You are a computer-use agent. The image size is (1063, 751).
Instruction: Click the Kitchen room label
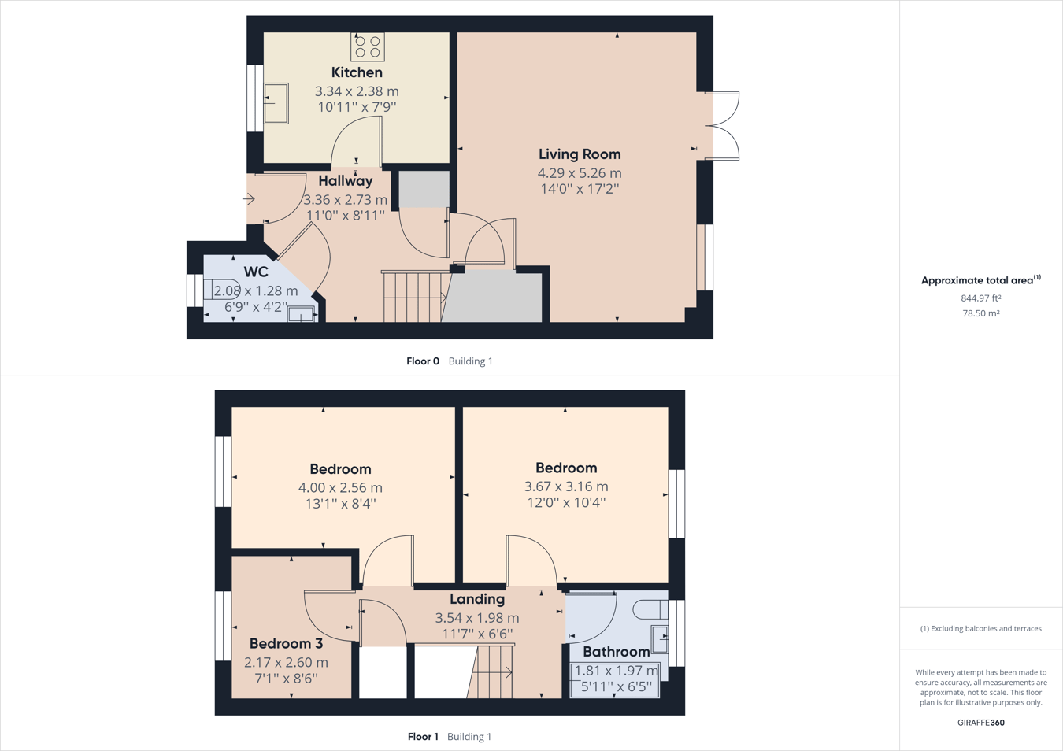pyautogui.click(x=357, y=72)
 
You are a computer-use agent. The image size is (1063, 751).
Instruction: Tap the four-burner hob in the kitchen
pyautogui.click(x=368, y=46)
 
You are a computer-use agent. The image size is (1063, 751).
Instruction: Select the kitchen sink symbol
pyautogui.click(x=276, y=103)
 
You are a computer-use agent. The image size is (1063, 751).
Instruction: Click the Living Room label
pyautogui.click(x=580, y=154)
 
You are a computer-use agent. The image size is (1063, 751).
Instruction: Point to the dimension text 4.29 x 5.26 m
pyautogui.click(x=580, y=173)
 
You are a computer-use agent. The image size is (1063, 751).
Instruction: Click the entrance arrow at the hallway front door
pyautogui.click(x=249, y=199)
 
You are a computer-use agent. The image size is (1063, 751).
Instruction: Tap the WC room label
pyautogui.click(x=256, y=272)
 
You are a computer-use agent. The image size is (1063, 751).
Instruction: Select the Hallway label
pyautogui.click(x=345, y=181)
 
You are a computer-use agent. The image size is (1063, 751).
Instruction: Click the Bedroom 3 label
pyautogui.click(x=286, y=643)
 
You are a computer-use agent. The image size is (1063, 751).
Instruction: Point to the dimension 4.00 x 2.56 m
pyautogui.click(x=340, y=488)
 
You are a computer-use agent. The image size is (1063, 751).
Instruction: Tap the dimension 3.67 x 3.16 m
pyautogui.click(x=566, y=486)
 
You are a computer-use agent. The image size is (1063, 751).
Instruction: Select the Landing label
pyautogui.click(x=477, y=599)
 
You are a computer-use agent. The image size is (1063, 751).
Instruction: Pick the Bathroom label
pyautogui.click(x=616, y=652)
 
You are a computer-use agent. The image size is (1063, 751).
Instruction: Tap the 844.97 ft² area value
pyautogui.click(x=980, y=298)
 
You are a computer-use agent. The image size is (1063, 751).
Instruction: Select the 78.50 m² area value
pyautogui.click(x=980, y=313)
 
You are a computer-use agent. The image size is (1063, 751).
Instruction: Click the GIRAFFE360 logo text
pyautogui.click(x=980, y=723)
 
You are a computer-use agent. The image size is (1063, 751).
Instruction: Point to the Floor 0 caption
pyautogui.click(x=423, y=361)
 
